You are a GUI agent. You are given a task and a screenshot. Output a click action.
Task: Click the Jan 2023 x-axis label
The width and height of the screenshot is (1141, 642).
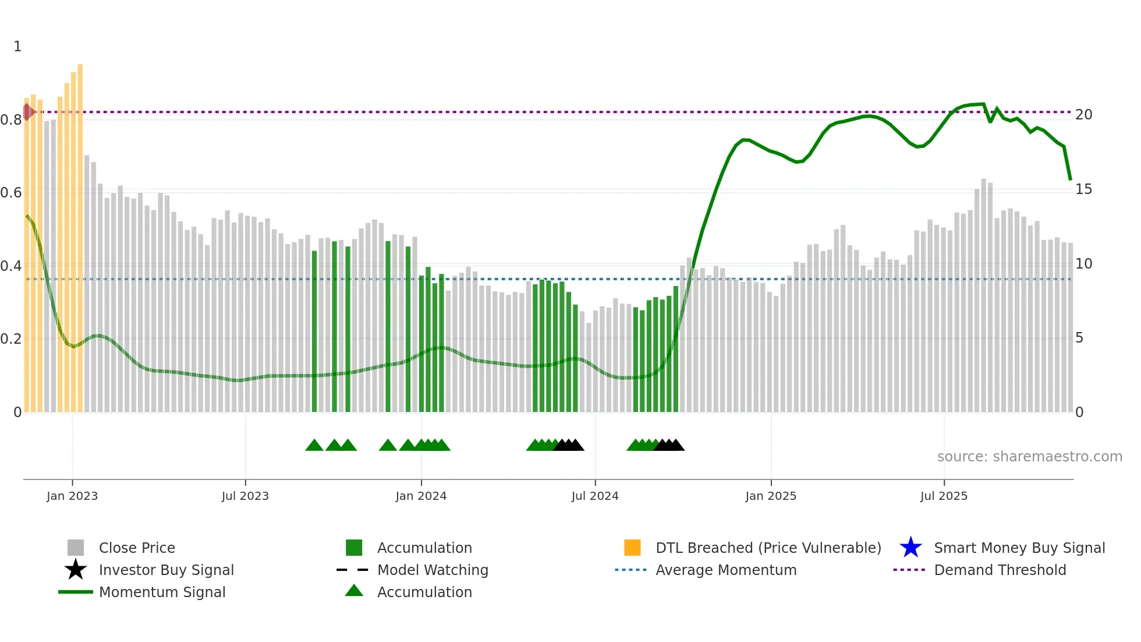click(x=72, y=496)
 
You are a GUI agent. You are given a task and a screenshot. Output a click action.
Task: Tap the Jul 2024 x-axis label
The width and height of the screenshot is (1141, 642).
click(x=595, y=496)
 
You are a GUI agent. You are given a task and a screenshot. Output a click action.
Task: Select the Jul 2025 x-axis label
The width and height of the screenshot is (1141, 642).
click(x=944, y=496)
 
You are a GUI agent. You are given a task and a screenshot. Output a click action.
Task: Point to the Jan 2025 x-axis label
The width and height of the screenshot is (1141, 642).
click(x=771, y=496)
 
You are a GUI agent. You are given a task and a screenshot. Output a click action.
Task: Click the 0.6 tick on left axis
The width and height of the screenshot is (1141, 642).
click(x=12, y=193)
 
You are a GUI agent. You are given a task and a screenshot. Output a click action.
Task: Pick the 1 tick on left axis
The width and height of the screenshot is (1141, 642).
click(x=17, y=47)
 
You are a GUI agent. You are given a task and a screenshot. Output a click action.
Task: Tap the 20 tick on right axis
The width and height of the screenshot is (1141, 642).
click(x=1083, y=115)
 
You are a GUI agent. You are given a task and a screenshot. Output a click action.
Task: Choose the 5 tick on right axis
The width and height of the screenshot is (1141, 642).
click(x=1079, y=338)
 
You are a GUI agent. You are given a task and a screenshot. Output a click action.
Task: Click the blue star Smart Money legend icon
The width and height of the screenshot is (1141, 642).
click(x=910, y=548)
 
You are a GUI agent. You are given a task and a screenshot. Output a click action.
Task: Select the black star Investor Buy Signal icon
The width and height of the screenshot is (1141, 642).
click(x=76, y=570)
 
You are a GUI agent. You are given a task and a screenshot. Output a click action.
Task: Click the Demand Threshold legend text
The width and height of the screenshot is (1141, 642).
click(x=1000, y=570)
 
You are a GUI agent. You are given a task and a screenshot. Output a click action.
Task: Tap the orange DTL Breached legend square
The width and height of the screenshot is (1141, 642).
click(x=632, y=548)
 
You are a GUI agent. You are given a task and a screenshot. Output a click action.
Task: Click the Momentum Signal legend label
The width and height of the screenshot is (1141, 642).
click(x=162, y=592)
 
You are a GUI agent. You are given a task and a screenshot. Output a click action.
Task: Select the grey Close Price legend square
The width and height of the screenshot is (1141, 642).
click(x=76, y=548)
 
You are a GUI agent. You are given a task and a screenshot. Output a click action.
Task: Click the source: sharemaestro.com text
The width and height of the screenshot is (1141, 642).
click(x=1029, y=457)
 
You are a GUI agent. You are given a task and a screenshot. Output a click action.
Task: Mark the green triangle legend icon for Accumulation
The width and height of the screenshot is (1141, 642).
click(x=354, y=591)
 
